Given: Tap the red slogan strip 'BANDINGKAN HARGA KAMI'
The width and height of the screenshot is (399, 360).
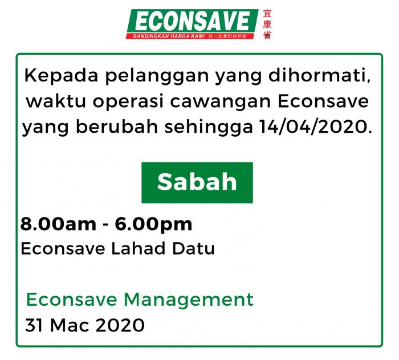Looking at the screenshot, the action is [x=190, y=36].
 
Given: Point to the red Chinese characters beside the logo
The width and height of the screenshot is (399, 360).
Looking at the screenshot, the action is [x=267, y=24].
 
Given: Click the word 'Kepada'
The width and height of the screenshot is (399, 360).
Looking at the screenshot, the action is [x=61, y=76].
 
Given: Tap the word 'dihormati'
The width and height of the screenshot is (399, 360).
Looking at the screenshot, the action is [x=317, y=75].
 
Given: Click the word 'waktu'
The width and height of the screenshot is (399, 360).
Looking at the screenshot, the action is [x=56, y=101].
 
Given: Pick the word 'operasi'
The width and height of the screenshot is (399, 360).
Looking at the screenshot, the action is [x=128, y=102].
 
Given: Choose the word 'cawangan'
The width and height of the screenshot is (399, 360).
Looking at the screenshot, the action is [x=220, y=102].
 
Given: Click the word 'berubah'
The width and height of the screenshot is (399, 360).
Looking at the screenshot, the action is [x=117, y=126].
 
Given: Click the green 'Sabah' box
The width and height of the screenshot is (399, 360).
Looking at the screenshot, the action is [x=197, y=182].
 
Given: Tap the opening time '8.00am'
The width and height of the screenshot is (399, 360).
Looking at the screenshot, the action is [x=58, y=224].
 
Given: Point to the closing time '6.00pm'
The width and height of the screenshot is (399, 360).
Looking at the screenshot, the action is [x=153, y=225].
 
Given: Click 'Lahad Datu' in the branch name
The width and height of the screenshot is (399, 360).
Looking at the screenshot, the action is [x=163, y=248].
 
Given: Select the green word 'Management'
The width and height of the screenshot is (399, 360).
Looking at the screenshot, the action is [x=189, y=300].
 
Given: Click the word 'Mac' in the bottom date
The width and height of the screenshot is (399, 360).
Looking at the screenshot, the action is [x=70, y=325].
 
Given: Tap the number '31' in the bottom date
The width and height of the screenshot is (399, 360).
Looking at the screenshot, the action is [x=34, y=325].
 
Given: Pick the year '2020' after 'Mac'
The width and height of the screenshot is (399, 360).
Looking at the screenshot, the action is [x=120, y=325].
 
